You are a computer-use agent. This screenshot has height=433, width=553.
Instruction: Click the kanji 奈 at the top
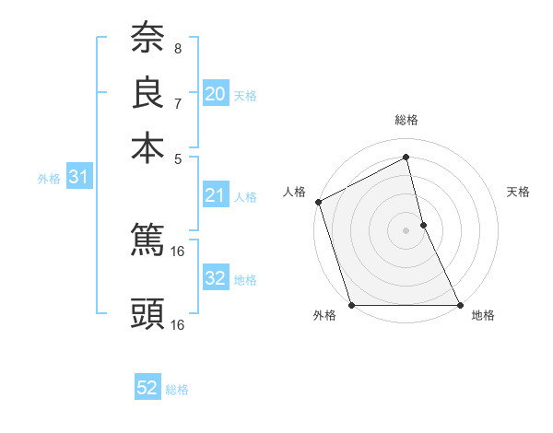click(x=147, y=38)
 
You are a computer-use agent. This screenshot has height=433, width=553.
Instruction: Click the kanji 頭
click(x=147, y=314)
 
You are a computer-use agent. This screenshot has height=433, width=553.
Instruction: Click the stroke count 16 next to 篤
click(x=179, y=250)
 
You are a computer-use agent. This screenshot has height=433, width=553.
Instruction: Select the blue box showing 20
click(x=216, y=94)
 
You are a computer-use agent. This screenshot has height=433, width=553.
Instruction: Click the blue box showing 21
click(x=216, y=195)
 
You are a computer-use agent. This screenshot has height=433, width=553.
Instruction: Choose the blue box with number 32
click(x=216, y=278)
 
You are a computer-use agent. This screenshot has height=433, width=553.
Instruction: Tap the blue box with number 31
click(x=77, y=177)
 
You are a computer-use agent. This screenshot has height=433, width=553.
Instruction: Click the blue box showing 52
click(x=147, y=388)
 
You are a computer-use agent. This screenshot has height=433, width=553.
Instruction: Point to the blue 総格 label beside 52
click(x=177, y=390)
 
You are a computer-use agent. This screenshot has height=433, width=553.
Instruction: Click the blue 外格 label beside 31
click(x=48, y=179)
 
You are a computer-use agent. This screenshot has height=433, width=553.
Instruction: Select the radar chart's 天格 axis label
click(x=518, y=192)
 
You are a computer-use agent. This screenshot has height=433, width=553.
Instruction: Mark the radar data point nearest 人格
click(x=318, y=202)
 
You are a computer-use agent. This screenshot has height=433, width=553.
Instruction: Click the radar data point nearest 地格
click(x=460, y=305)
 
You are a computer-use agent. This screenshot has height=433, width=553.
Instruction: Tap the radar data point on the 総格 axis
click(x=406, y=157)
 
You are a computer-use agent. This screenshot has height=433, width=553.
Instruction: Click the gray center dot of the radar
click(x=406, y=230)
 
